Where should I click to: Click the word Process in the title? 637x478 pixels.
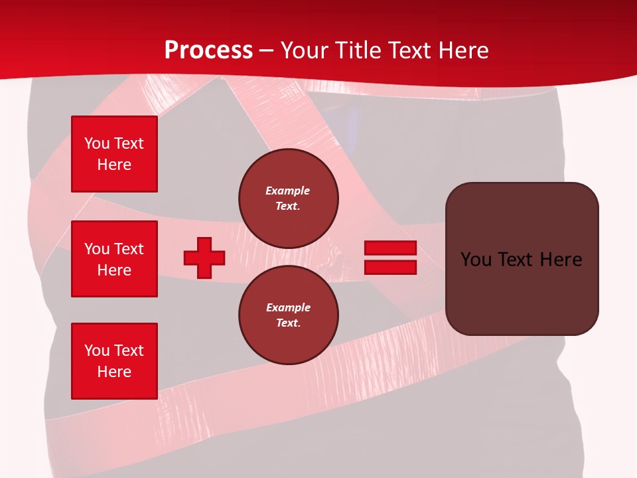click(208, 50)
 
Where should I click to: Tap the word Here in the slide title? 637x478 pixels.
click(464, 50)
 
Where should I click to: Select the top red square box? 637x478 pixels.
click(114, 154)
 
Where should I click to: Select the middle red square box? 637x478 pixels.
click(114, 259)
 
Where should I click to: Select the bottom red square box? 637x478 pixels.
click(114, 360)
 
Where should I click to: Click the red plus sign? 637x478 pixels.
click(204, 258)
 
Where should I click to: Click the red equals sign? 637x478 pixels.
click(390, 258)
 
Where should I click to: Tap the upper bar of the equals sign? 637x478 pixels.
click(390, 248)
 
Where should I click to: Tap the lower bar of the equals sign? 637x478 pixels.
click(390, 267)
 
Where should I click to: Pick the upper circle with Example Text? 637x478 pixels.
click(288, 198)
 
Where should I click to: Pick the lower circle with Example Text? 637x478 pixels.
click(288, 315)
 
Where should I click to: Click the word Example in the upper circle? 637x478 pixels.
click(288, 191)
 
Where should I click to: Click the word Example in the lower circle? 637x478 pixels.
click(288, 307)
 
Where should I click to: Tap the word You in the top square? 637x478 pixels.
click(97, 143)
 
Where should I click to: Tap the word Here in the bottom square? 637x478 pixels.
click(114, 372)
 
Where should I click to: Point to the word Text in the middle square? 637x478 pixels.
click(129, 249)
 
